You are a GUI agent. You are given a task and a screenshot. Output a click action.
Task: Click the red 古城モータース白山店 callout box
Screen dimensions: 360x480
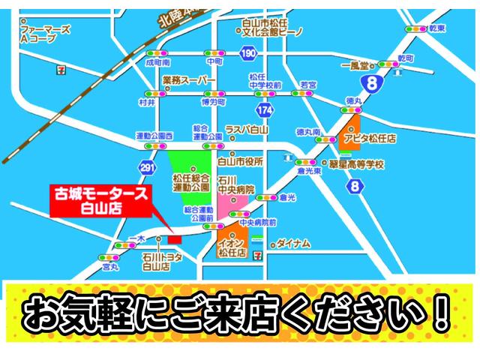tap(100, 200)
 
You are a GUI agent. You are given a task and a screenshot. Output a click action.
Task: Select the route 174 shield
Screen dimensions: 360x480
tap(263, 109)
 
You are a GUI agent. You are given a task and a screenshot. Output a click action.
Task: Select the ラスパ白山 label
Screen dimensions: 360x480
tap(246, 129)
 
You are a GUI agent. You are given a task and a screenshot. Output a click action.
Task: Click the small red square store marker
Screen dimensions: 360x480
tap(174, 238)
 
